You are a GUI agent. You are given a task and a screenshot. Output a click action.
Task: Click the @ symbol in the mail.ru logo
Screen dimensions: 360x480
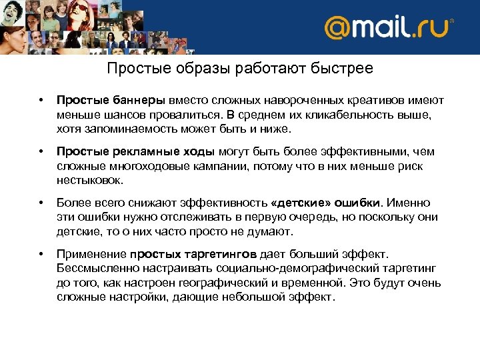point(339,28)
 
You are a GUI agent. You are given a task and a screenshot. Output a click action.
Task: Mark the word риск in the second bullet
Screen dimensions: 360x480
point(408,166)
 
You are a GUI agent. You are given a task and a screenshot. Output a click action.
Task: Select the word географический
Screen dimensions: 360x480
point(229,283)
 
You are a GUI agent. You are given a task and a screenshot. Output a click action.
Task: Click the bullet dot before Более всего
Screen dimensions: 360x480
point(41,203)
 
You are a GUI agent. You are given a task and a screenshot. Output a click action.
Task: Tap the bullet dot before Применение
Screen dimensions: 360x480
point(41,254)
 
